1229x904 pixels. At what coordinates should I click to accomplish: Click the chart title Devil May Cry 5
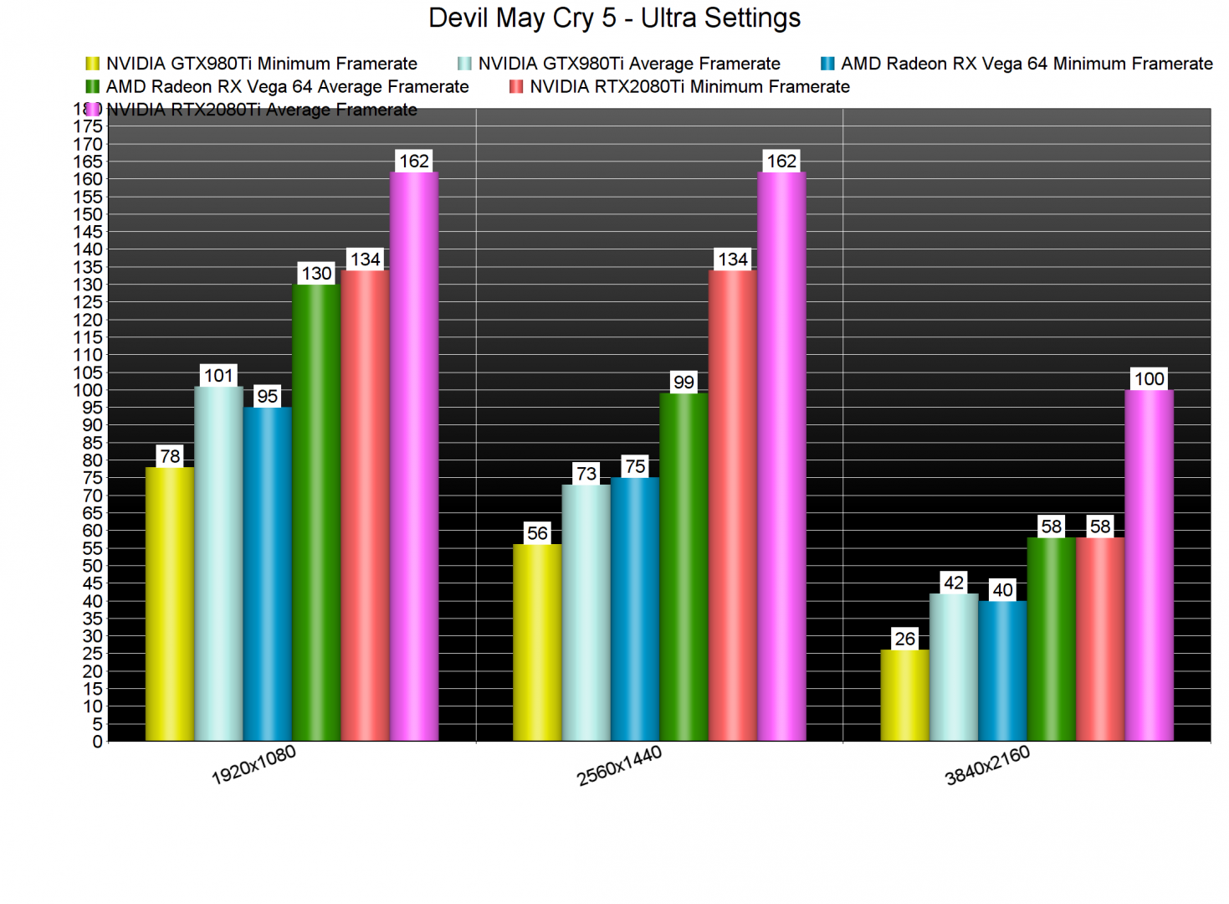point(614,18)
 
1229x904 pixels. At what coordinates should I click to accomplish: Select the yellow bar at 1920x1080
point(170,603)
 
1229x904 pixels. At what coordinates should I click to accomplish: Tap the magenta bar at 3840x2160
point(1149,565)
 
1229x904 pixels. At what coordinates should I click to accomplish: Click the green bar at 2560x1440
point(684,567)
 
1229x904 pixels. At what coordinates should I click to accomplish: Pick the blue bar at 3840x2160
point(1002,670)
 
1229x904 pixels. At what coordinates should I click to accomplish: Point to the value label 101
point(218,375)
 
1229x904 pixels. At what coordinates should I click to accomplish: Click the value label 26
point(904,639)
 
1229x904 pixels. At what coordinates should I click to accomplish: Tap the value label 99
point(684,382)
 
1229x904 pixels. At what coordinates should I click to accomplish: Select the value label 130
point(316,273)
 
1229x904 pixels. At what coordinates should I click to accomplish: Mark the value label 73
point(586,474)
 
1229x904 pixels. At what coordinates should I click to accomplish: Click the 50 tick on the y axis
point(93,566)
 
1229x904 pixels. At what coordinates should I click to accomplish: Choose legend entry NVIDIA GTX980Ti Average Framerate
point(628,64)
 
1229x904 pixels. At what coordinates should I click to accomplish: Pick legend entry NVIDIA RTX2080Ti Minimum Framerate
point(689,87)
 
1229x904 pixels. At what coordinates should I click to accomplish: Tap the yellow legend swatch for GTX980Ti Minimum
point(92,64)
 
